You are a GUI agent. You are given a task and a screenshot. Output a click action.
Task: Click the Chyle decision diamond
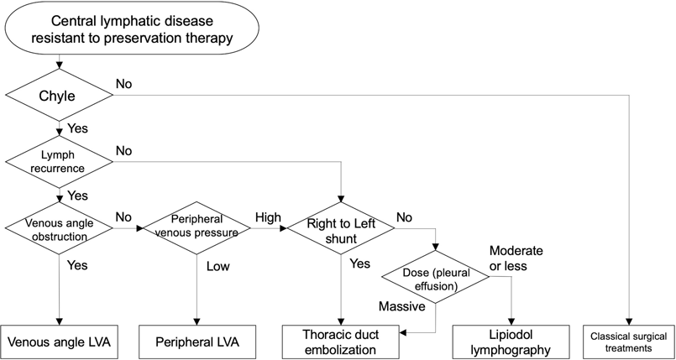pyautogui.click(x=58, y=95)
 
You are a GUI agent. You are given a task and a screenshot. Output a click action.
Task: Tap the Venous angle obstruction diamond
pyautogui.click(x=58, y=228)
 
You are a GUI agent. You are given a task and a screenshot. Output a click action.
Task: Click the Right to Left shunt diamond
pyautogui.click(x=340, y=228)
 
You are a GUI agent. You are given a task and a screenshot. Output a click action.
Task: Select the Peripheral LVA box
pyautogui.click(x=196, y=342)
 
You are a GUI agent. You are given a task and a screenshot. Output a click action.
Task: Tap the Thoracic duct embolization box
pyautogui.click(x=340, y=342)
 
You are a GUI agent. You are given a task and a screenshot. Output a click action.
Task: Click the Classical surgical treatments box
pyautogui.click(x=629, y=342)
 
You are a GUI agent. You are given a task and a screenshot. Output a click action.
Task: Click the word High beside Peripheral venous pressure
pyautogui.click(x=270, y=217)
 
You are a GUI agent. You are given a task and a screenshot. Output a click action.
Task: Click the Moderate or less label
pyautogui.click(x=516, y=258)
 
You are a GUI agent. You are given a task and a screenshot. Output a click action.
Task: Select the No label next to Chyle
pyautogui.click(x=123, y=84)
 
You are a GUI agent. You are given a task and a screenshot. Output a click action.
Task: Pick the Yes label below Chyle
pyautogui.click(x=78, y=128)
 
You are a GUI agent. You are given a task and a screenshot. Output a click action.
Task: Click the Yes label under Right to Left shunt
pyautogui.click(x=359, y=263)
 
